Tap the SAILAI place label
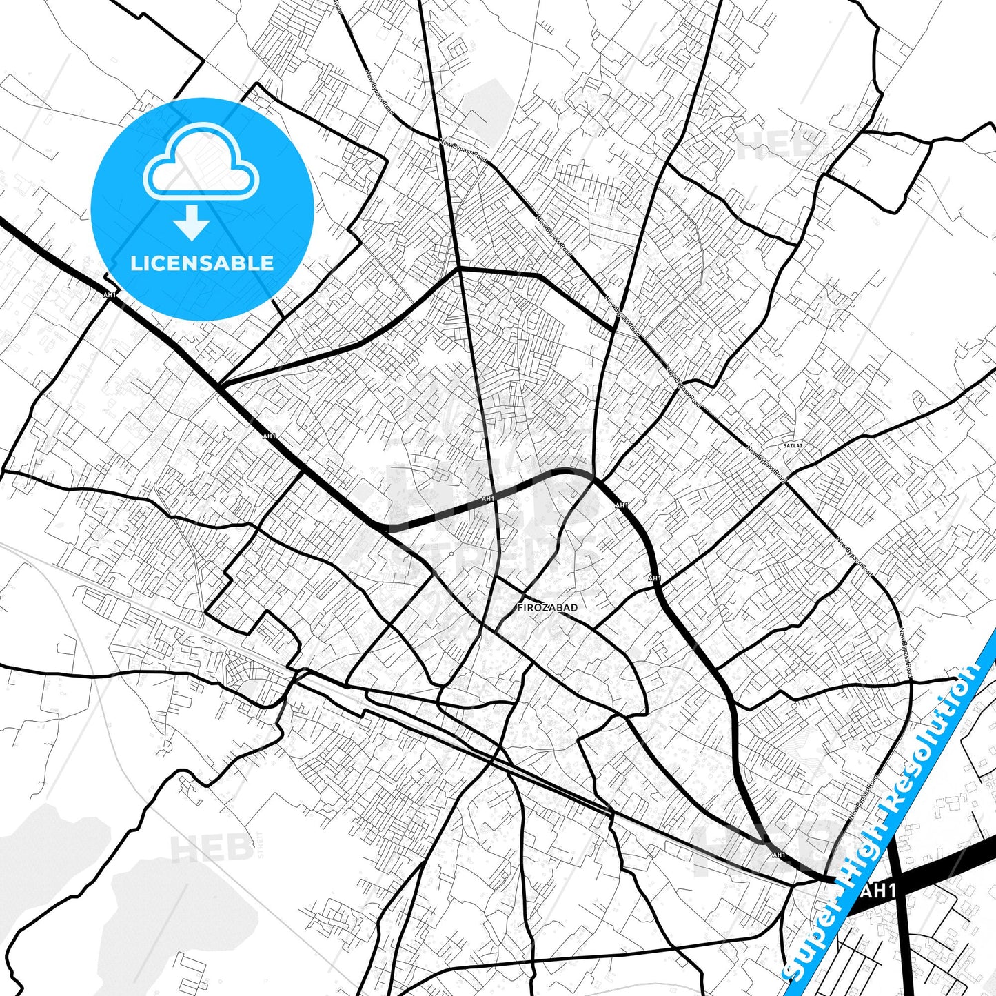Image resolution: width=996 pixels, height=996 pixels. click(793, 446)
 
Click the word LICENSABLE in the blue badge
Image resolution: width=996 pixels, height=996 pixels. click(202, 263)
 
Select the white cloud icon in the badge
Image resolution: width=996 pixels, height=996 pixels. click(201, 163)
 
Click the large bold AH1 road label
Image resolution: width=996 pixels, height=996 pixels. click(878, 891)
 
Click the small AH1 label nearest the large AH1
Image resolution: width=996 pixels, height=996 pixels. click(779, 855)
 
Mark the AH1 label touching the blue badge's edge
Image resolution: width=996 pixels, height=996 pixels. click(109, 294)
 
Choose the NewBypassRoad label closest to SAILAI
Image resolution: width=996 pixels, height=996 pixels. click(766, 463)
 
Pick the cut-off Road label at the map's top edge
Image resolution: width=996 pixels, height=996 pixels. click(337, 7)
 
